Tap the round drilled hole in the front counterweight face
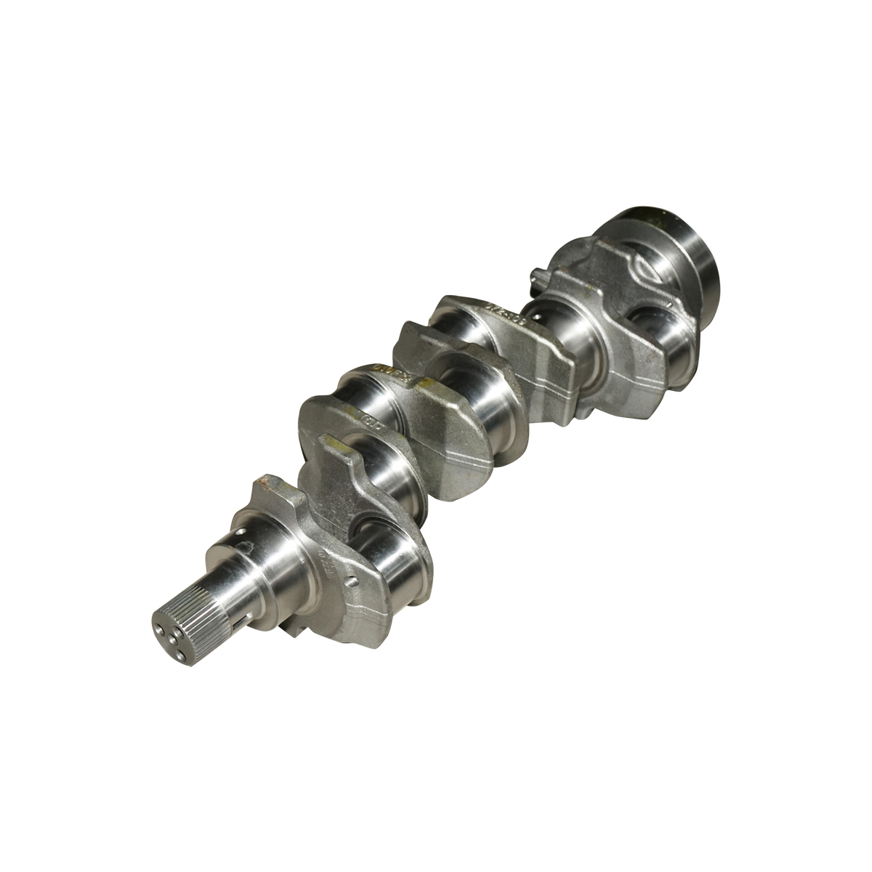352,581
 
